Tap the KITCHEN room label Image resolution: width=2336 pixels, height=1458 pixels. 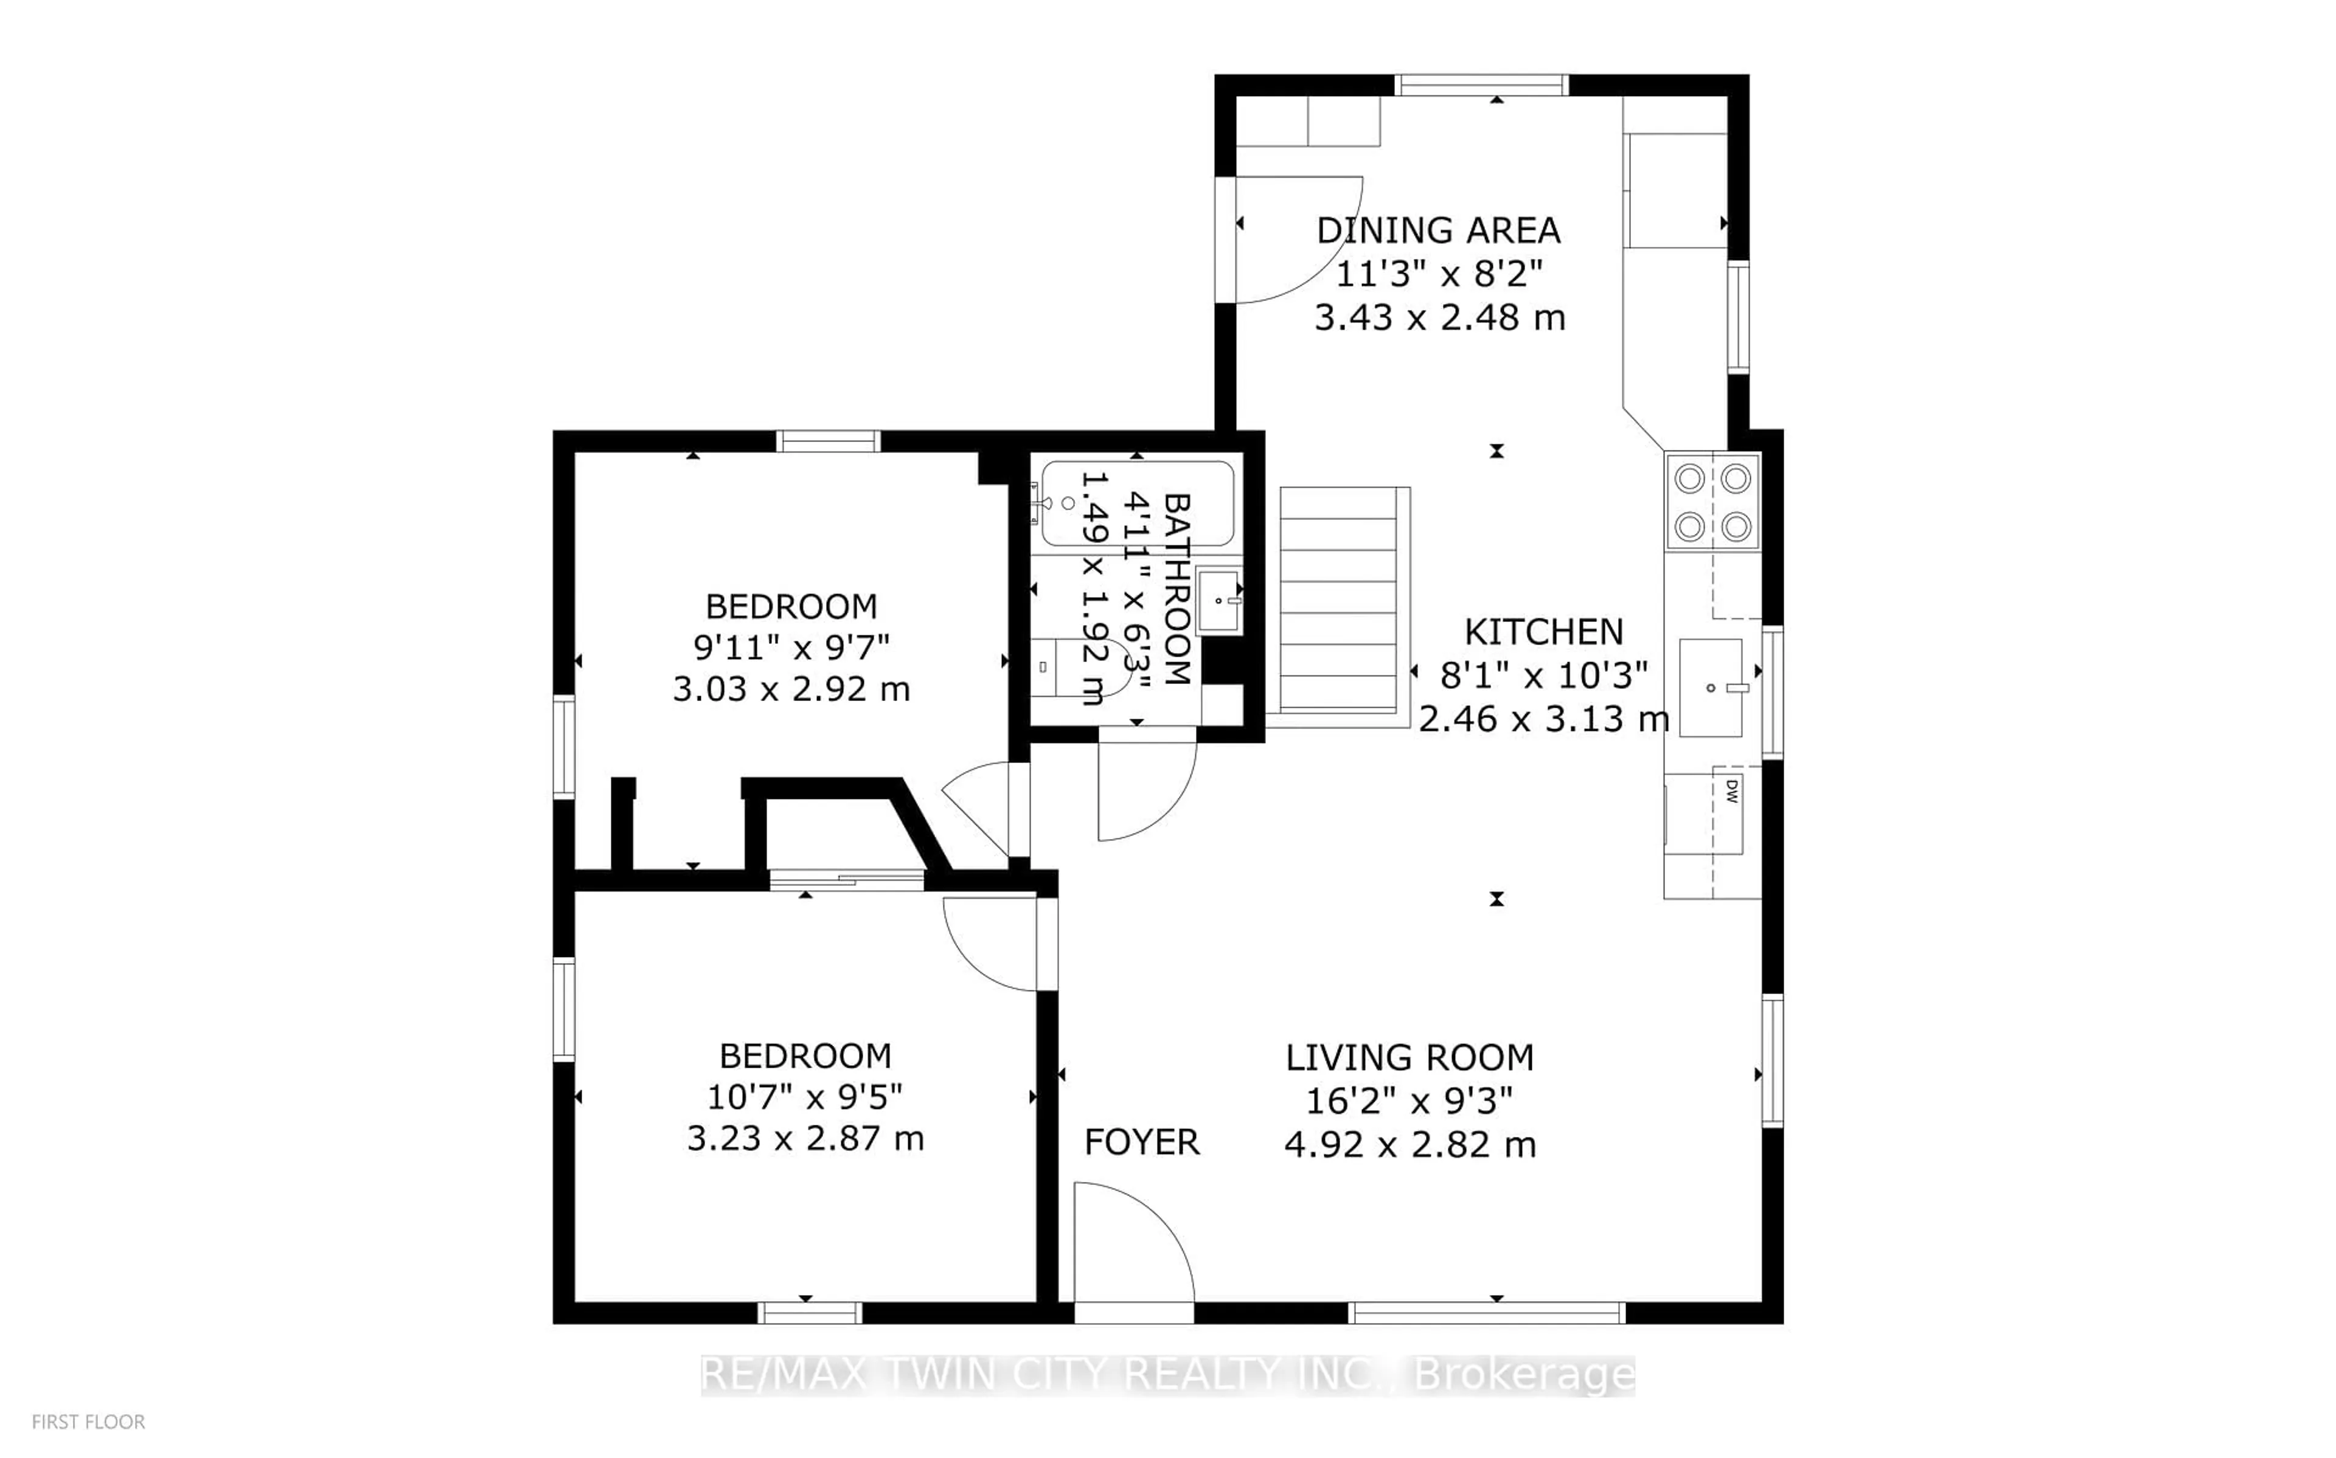(1544, 632)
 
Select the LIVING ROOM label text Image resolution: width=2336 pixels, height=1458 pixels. (1409, 1058)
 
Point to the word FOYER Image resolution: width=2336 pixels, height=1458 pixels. (1142, 1142)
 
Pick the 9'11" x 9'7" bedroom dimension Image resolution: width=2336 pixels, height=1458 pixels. (791, 647)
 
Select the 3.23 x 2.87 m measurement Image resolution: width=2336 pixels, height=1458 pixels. (805, 1139)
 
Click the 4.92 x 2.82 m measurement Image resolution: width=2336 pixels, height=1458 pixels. (1409, 1145)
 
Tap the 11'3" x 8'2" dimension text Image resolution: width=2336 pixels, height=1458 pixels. (1439, 274)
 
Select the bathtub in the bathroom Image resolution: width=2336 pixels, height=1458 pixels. (1138, 503)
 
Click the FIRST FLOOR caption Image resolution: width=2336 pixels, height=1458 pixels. (89, 1422)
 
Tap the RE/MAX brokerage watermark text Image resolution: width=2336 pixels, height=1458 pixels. (1168, 1375)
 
